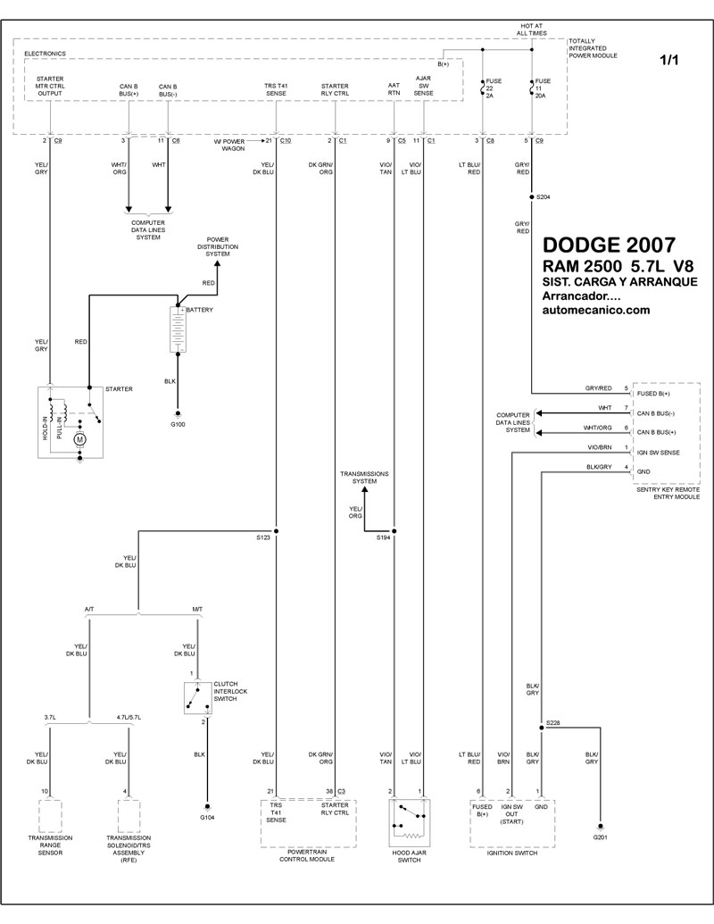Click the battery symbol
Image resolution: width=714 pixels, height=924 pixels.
(x=178, y=329)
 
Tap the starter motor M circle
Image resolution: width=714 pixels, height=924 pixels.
(x=79, y=439)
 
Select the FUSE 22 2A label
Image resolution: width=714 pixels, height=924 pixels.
(x=493, y=87)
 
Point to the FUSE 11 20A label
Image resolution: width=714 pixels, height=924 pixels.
(x=543, y=87)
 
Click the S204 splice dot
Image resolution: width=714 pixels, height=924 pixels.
(x=532, y=196)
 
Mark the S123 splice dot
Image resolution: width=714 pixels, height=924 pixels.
(x=276, y=531)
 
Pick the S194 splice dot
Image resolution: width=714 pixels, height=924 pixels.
(x=394, y=531)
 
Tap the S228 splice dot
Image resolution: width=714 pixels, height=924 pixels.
(x=541, y=728)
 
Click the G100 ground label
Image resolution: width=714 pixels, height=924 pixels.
(x=178, y=424)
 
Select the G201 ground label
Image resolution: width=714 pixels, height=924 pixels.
(x=601, y=837)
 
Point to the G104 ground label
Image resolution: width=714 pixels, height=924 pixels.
(x=207, y=818)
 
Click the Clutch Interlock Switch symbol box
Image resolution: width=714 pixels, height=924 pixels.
(x=197, y=698)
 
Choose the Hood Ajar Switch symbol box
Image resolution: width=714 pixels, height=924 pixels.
(x=410, y=823)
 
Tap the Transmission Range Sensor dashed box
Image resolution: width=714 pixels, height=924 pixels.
(x=50, y=816)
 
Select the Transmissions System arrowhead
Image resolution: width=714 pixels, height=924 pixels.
(x=364, y=490)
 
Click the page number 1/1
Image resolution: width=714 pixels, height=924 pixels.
(x=668, y=60)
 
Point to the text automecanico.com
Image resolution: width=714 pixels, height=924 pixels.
(x=595, y=310)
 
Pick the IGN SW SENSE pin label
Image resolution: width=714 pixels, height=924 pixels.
(x=658, y=453)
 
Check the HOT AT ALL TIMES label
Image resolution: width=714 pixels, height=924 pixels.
(x=532, y=29)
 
